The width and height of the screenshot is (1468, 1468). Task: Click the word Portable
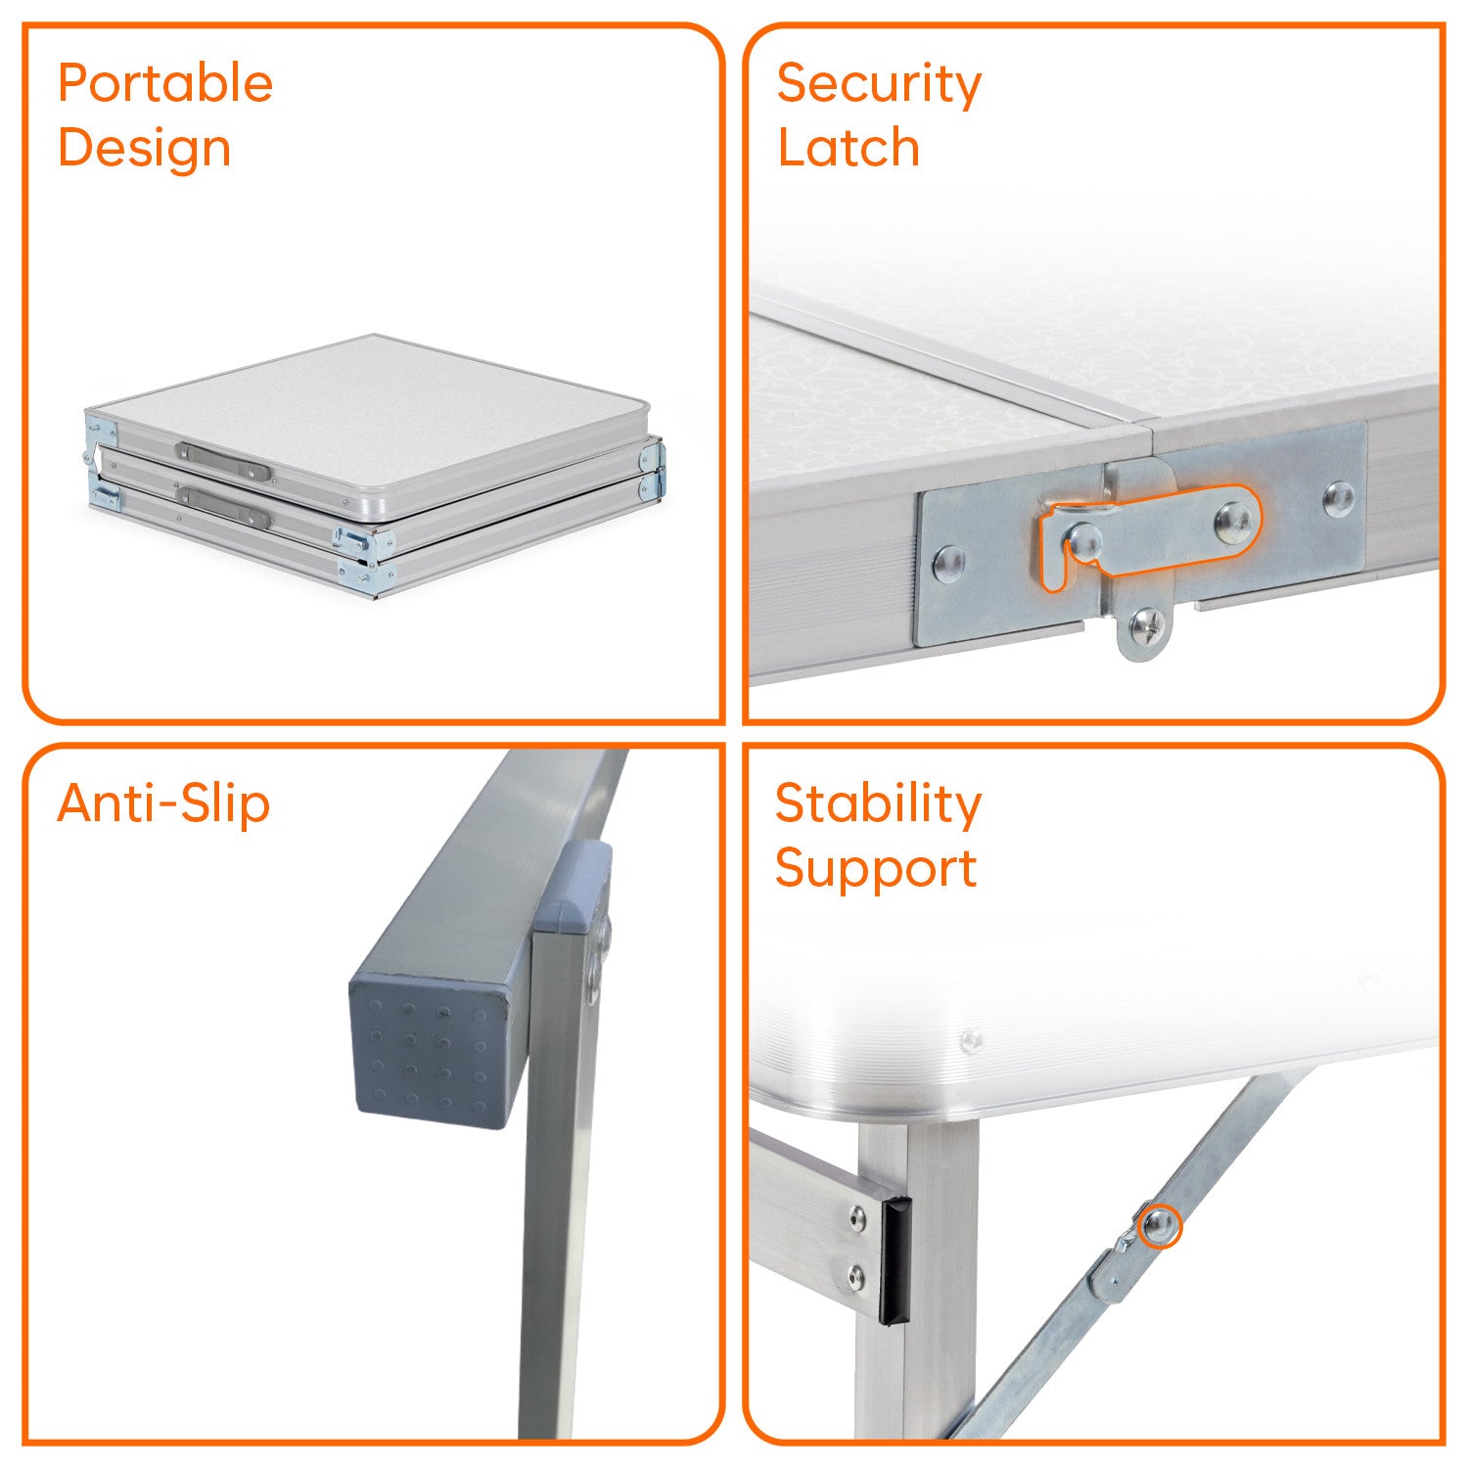(165, 84)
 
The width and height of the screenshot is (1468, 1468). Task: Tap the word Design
(145, 150)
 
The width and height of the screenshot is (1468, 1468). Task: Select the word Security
(879, 85)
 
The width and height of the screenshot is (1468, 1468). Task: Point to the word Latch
(849, 149)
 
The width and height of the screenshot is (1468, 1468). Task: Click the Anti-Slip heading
(163, 804)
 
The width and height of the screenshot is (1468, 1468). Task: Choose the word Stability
(878, 805)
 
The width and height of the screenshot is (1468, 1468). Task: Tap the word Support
(876, 870)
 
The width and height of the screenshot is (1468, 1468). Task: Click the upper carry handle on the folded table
(223, 461)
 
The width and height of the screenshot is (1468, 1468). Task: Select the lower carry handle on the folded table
(223, 505)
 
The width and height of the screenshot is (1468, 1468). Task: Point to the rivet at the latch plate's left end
(947, 563)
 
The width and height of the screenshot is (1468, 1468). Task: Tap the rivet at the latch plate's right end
(1338, 498)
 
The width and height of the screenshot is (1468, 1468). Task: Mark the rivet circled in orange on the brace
(1160, 1225)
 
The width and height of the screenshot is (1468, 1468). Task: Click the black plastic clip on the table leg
(895, 1262)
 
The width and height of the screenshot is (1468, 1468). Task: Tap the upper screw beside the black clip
(858, 1219)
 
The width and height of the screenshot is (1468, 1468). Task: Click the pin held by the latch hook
(1084, 541)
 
